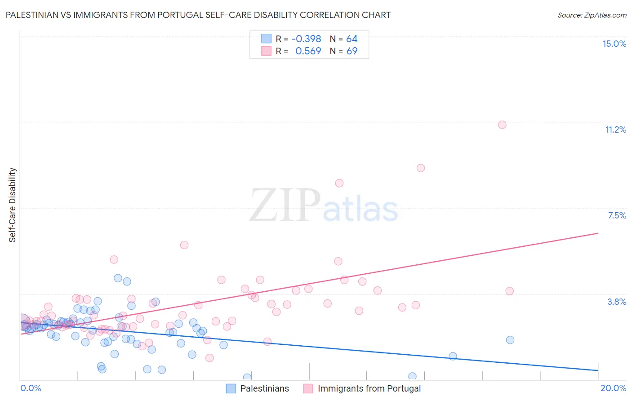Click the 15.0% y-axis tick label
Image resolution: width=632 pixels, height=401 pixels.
click(614, 44)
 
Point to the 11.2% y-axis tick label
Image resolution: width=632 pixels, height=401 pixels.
click(615, 129)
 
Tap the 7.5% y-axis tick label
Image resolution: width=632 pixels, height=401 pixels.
click(617, 215)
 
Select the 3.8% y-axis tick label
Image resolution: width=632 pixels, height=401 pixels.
click(617, 302)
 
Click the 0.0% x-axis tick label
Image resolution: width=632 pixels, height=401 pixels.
click(31, 388)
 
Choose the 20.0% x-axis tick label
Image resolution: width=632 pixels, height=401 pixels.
click(613, 388)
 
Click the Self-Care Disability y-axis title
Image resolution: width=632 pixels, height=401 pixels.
click(13, 205)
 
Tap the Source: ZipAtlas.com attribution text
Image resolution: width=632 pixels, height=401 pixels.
click(592, 15)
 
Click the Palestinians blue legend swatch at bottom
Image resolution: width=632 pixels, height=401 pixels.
click(231, 388)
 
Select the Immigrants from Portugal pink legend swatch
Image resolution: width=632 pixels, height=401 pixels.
click(308, 388)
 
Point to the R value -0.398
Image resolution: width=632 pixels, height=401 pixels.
click(306, 39)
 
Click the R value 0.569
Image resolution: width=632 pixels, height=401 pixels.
click(308, 51)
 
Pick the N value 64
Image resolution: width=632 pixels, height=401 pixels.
click(352, 39)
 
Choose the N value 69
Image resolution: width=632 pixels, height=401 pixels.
click(352, 51)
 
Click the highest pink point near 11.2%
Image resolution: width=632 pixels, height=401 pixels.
click(502, 125)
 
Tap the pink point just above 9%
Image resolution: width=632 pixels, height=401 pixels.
click(421, 168)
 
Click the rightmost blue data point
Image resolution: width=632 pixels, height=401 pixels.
click(510, 340)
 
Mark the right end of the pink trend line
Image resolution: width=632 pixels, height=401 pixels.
click(598, 233)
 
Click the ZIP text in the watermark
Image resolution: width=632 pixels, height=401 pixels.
click(285, 205)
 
